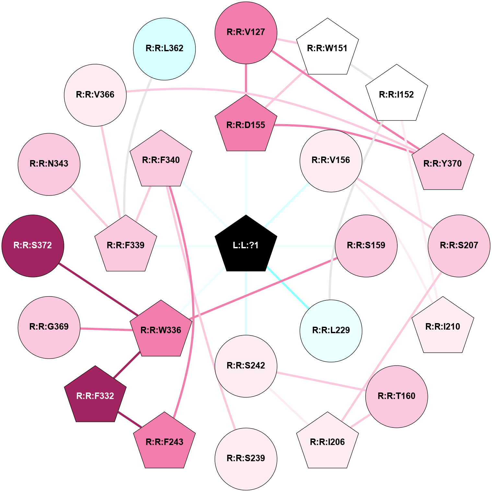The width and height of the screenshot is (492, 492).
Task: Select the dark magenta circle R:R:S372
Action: [33, 246]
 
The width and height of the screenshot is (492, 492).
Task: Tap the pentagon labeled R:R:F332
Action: [95, 395]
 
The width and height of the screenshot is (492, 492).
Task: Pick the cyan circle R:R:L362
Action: [164, 49]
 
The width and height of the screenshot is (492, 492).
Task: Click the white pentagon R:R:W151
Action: [328, 48]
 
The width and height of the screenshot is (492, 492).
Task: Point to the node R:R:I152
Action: [397, 94]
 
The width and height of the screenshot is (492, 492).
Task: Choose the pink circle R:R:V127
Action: [246, 32]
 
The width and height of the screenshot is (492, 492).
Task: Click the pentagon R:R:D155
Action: [246, 124]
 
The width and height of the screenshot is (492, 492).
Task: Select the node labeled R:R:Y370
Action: [443, 163]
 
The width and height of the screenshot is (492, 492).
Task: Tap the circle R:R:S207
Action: [459, 246]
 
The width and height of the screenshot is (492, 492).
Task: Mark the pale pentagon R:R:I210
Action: [443, 326]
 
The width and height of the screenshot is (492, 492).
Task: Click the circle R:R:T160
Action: [397, 396]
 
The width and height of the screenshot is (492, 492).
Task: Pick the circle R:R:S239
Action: [246, 459]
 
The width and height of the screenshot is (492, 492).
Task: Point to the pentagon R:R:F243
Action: [164, 441]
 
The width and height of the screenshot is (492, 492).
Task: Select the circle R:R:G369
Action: [49, 327]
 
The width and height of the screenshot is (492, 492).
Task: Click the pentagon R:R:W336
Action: [161, 330]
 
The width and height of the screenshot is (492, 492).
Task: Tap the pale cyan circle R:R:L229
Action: [331, 331]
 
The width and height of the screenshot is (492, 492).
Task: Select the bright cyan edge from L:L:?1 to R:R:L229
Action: [287, 287]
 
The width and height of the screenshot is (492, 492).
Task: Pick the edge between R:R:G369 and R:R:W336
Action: [106, 329]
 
